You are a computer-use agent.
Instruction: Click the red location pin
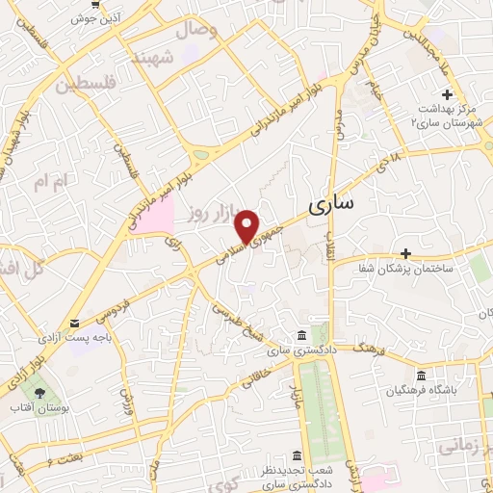coord(249,225)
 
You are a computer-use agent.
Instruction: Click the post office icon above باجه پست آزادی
coord(75,324)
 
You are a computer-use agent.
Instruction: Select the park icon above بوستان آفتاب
coord(39,393)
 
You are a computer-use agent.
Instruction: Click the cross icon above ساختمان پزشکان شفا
coord(406,254)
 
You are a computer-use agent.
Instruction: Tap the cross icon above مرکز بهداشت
coord(446,94)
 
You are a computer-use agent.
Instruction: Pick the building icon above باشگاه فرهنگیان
coord(420,376)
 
